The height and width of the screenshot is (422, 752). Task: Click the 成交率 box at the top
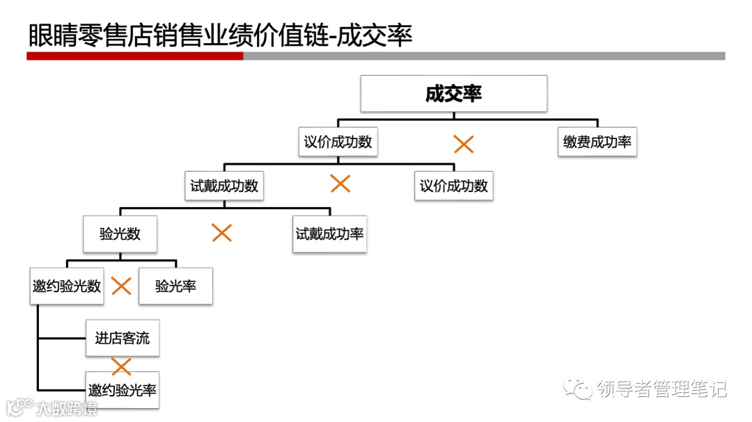click(x=453, y=94)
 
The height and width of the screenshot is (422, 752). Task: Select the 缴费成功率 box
click(x=597, y=142)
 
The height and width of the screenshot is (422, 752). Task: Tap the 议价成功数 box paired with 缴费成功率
click(x=338, y=142)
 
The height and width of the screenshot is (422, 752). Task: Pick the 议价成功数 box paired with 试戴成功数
click(x=453, y=186)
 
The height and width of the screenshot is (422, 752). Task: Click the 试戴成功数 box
click(x=224, y=186)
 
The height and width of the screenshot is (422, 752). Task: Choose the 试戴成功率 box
click(x=329, y=234)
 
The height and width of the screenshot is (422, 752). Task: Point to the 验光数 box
click(x=120, y=234)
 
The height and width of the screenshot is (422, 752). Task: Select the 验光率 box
click(x=175, y=286)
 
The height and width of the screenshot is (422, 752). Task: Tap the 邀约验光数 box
click(x=67, y=286)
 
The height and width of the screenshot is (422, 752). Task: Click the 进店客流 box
click(x=122, y=339)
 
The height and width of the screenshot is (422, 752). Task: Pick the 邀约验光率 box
click(x=122, y=389)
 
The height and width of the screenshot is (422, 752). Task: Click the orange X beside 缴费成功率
click(x=464, y=145)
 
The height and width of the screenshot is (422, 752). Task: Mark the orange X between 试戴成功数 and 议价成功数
click(x=340, y=184)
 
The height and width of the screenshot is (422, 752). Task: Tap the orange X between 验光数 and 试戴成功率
click(x=221, y=233)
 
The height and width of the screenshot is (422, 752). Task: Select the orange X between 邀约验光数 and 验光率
click(x=121, y=286)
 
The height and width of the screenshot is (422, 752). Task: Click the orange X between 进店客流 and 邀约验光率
click(x=121, y=366)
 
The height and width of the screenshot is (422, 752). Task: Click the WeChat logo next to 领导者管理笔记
click(x=578, y=388)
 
